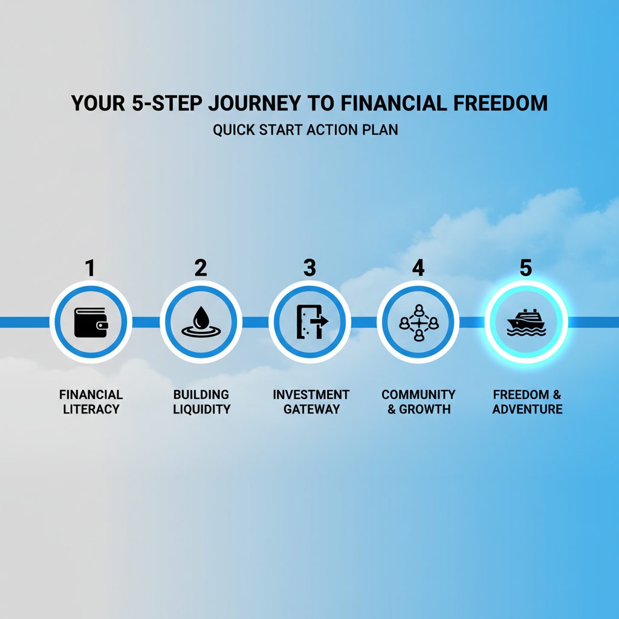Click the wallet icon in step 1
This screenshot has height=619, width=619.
(x=91, y=322)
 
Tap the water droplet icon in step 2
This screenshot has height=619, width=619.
(x=201, y=322)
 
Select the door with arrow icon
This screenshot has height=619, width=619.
(x=309, y=322)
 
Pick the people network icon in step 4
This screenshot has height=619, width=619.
(x=418, y=322)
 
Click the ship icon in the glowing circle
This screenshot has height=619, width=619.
(x=527, y=322)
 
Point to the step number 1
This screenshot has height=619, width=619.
(x=90, y=268)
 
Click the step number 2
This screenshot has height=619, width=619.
(x=200, y=268)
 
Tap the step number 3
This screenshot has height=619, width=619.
(x=309, y=268)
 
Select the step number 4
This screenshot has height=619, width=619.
(x=418, y=268)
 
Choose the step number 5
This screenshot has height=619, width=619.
(x=526, y=268)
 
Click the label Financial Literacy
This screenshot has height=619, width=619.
(x=91, y=402)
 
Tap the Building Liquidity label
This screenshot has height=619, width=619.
(x=201, y=402)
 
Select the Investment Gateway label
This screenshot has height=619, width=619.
(x=311, y=402)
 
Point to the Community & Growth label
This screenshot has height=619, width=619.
(x=418, y=402)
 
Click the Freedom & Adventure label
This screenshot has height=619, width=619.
(x=527, y=402)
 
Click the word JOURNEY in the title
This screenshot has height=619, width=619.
(x=254, y=103)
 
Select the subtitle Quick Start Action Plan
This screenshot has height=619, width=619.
(x=305, y=130)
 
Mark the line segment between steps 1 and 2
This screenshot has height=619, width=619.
(x=146, y=322)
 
